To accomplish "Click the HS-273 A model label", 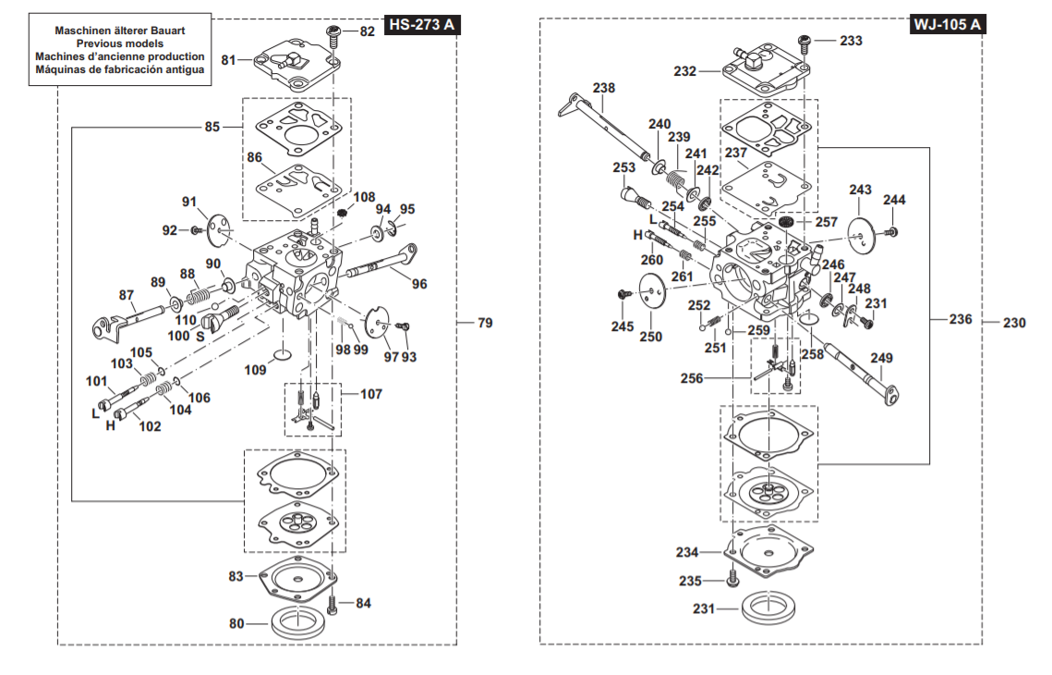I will [422, 25].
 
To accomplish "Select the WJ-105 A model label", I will [949, 25].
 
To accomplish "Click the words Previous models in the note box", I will [120, 43].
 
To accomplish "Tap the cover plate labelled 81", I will [291, 65].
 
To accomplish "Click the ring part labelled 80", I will [297, 621].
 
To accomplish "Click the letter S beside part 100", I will [200, 337].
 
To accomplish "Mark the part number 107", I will [371, 394].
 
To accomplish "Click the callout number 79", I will [485, 323].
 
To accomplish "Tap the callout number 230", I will [1015, 323].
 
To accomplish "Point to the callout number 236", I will [961, 319].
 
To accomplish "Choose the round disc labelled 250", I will [652, 296].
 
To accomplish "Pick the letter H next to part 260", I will [637, 236].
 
